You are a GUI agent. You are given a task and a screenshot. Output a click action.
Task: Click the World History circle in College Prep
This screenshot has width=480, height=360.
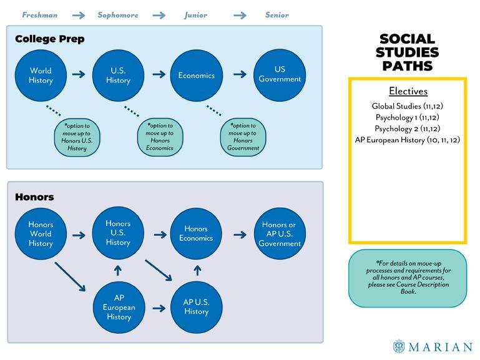click(41, 75)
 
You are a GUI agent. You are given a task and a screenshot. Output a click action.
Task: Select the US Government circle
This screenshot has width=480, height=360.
click(280, 75)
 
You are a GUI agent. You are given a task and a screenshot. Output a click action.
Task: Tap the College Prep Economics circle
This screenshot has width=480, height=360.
click(197, 75)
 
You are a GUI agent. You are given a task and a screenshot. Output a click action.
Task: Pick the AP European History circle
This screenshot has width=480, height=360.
click(118, 308)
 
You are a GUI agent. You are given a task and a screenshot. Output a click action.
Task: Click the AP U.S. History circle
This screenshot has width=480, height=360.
click(196, 307)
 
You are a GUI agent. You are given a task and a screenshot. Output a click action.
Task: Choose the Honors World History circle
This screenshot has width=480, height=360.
click(41, 234)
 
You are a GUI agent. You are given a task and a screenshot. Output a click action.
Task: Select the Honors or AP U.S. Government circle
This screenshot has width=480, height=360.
click(279, 234)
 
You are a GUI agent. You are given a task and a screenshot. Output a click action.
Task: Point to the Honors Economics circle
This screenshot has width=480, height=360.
click(196, 233)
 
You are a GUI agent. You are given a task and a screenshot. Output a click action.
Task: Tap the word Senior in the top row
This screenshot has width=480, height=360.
click(276, 15)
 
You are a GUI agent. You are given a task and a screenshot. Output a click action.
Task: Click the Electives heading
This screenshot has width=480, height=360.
click(408, 91)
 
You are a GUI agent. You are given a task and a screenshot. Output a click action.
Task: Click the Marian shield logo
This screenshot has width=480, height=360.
click(399, 346)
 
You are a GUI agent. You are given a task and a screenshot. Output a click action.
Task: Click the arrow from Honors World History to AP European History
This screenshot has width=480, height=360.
click(71, 276)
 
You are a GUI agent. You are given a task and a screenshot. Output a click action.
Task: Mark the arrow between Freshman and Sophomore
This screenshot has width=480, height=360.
click(79, 16)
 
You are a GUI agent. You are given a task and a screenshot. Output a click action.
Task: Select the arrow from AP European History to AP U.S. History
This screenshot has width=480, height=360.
click(158, 308)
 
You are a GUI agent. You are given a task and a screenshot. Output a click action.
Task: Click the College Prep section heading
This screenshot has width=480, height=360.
click(49, 39)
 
